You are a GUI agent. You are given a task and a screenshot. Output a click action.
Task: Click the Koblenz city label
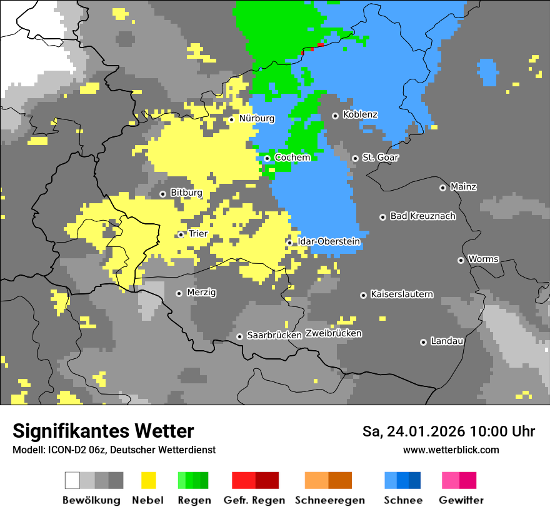360,115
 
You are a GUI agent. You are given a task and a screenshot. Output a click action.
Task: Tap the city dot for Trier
181,234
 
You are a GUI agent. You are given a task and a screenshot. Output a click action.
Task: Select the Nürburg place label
256,118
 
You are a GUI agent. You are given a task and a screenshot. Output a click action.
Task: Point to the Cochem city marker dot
267,158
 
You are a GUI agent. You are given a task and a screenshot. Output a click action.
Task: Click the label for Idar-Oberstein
329,241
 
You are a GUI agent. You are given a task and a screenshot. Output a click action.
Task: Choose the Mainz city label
463,186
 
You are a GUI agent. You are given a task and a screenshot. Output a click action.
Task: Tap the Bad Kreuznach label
422,216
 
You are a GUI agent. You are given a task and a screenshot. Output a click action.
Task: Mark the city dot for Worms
461,260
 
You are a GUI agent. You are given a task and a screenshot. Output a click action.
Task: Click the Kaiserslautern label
401,294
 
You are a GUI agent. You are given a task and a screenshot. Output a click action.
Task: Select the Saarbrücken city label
274,336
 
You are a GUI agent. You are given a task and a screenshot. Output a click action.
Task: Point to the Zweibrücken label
333,333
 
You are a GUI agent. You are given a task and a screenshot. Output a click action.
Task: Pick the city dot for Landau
423,342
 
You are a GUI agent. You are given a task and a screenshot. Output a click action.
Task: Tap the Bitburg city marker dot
162,194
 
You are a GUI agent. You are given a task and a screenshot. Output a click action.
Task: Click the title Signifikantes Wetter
103,431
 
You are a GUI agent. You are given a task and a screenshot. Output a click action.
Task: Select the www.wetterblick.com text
451,450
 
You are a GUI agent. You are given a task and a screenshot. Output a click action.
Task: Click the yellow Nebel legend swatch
148,480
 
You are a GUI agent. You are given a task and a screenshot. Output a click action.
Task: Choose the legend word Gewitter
461,500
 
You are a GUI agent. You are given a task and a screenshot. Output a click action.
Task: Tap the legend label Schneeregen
330,500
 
